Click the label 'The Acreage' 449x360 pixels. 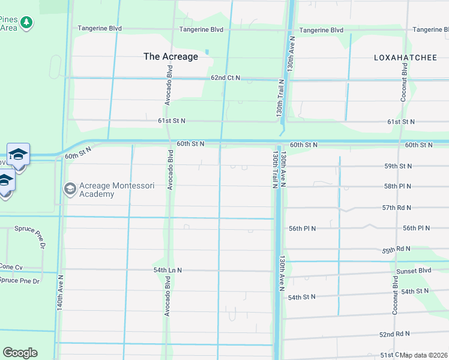point(170,56)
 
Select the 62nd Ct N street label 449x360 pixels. point(225,78)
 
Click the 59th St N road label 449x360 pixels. point(398,166)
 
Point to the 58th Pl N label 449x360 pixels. point(398,187)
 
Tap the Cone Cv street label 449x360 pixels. point(11,267)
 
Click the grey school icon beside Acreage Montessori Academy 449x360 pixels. point(70,190)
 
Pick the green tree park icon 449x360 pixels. point(26,23)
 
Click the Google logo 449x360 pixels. point(20,353)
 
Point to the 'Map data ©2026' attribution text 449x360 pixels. point(424,355)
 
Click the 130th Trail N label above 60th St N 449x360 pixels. point(280,100)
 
